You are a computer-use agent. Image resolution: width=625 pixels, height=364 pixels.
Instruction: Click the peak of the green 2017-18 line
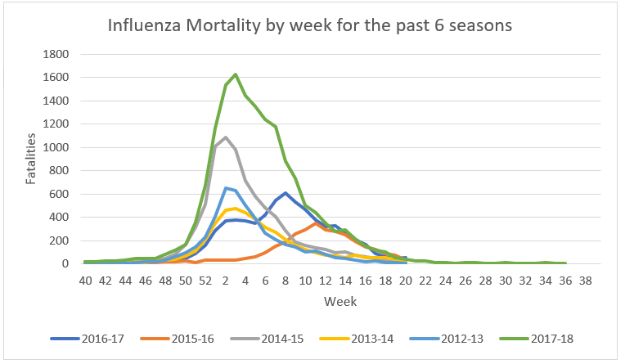pyautogui.click(x=236, y=74)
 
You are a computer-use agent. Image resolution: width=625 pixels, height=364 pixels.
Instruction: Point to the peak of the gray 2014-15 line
pyautogui.click(x=225, y=137)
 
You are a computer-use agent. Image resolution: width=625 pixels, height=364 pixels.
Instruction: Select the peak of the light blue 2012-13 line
pyautogui.click(x=225, y=188)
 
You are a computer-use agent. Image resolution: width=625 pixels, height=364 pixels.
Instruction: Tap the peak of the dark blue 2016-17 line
pyautogui.click(x=285, y=193)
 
